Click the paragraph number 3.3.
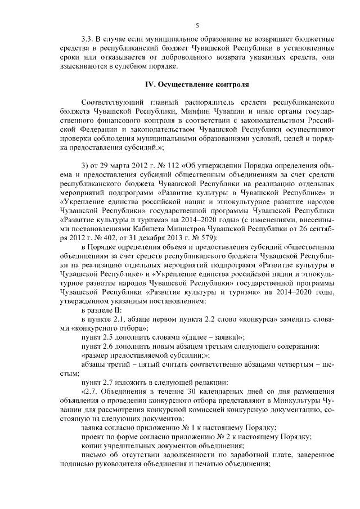(87, 40)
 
